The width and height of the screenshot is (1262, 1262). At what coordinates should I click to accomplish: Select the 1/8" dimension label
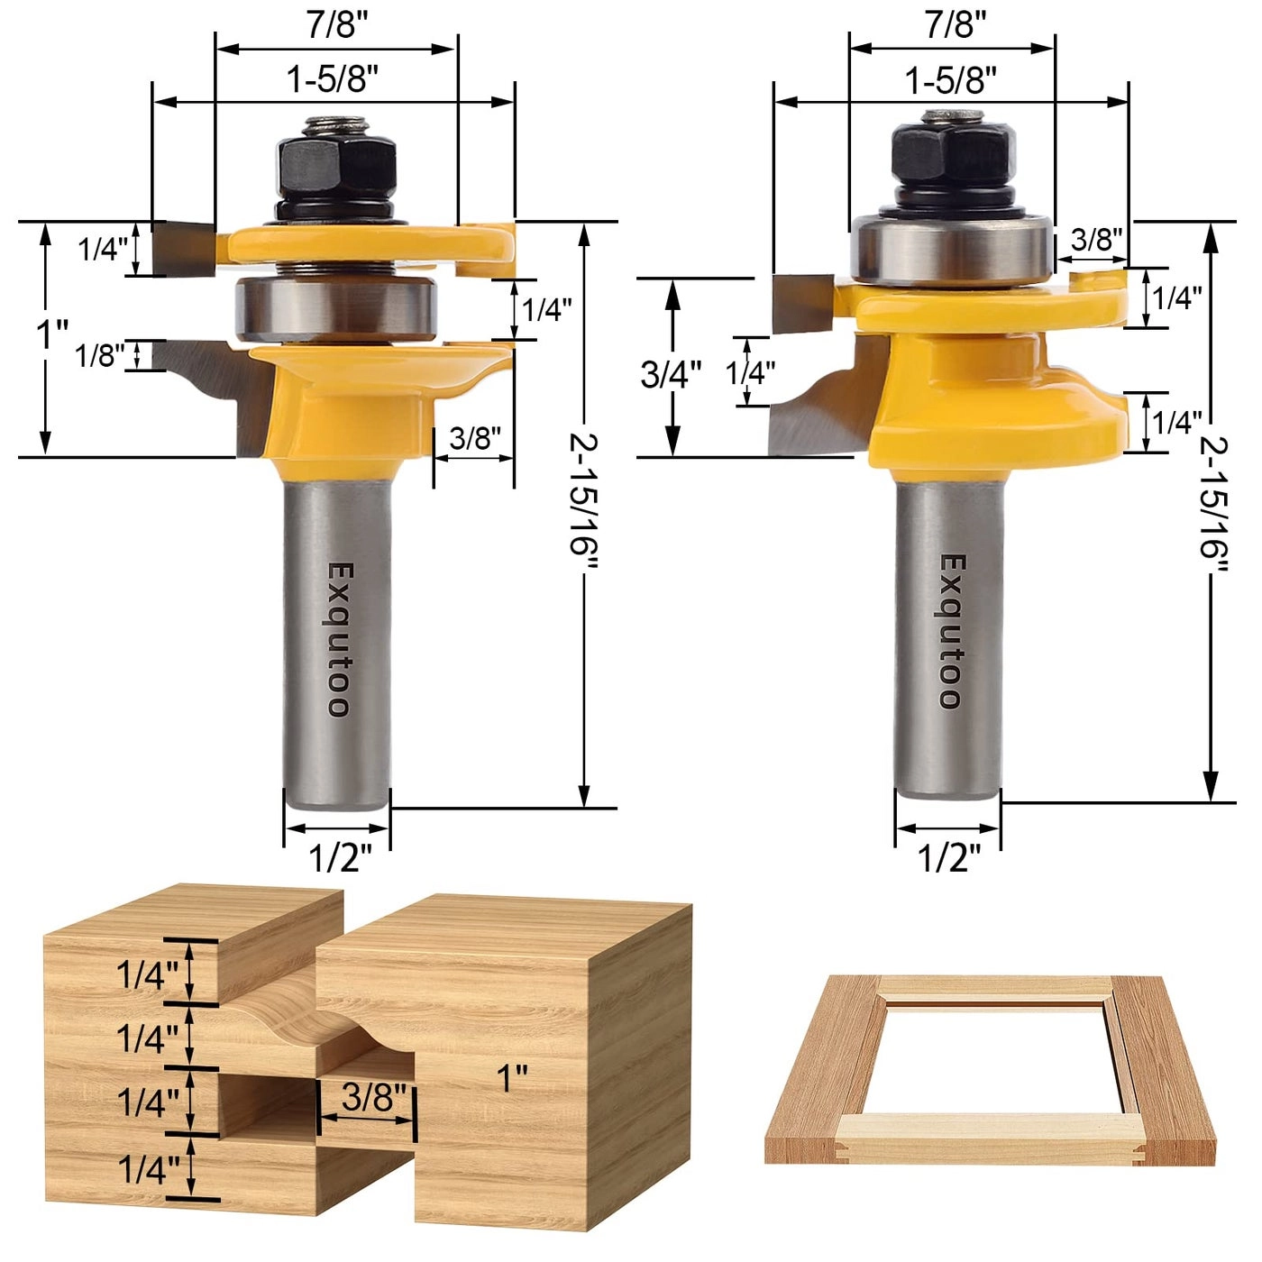[100, 355]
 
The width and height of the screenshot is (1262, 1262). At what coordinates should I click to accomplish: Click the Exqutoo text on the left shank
[338, 639]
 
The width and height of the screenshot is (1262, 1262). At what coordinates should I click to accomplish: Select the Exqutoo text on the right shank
[951, 631]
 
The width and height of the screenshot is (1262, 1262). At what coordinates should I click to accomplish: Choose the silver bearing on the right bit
[952, 249]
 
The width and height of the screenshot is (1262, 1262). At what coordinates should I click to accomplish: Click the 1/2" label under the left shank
[340, 857]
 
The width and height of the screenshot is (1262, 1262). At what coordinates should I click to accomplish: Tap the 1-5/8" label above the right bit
[951, 80]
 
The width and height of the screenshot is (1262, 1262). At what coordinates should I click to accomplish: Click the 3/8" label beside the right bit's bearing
[1096, 240]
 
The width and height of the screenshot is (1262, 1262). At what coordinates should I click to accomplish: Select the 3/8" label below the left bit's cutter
[475, 438]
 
